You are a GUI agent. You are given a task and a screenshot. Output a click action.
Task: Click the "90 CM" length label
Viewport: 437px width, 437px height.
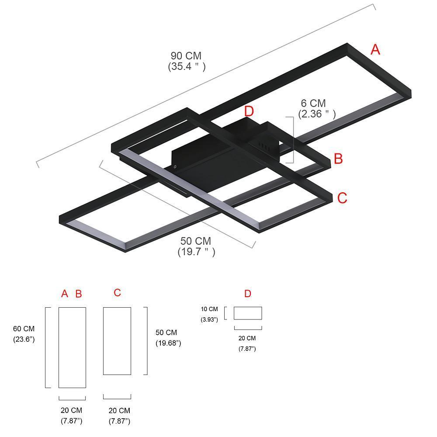(186, 56)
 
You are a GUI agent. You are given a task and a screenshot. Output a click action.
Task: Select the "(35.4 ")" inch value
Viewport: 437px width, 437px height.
(187, 66)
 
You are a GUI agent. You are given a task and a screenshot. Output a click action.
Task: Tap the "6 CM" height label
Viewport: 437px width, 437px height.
(313, 104)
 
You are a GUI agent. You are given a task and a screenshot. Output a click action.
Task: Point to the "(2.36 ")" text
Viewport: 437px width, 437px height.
(317, 114)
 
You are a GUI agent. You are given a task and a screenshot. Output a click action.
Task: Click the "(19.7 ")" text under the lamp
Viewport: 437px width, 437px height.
(196, 252)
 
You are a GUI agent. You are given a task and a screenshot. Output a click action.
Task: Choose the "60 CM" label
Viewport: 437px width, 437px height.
(24, 329)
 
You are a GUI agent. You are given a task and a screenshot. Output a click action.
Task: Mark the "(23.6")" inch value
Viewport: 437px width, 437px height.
(24, 339)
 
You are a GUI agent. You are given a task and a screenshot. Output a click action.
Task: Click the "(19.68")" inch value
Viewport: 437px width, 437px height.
(168, 343)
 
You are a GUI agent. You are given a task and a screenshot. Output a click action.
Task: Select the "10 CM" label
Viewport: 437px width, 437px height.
(209, 309)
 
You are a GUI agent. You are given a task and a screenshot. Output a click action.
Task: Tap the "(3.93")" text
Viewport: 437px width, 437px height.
(209, 320)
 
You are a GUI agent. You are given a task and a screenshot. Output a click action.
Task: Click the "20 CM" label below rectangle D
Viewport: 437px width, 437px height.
(247, 338)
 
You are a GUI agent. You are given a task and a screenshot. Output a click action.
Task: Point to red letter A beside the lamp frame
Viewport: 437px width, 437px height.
(375, 50)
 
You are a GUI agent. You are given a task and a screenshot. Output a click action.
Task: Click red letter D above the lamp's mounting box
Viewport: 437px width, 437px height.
(249, 111)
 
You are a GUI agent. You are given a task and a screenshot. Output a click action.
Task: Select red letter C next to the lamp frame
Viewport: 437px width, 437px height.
(342, 198)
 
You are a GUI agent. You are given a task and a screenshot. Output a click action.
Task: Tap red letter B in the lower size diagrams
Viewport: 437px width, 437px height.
(79, 294)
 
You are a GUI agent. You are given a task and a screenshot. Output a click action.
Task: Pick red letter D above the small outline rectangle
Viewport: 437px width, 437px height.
(248, 294)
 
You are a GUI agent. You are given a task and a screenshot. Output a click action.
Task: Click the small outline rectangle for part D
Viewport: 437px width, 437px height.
(248, 313)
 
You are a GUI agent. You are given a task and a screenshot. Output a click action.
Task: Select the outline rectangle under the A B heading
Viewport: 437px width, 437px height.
(72, 347)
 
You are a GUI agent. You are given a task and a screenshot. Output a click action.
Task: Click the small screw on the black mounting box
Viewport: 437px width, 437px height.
(175, 166)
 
